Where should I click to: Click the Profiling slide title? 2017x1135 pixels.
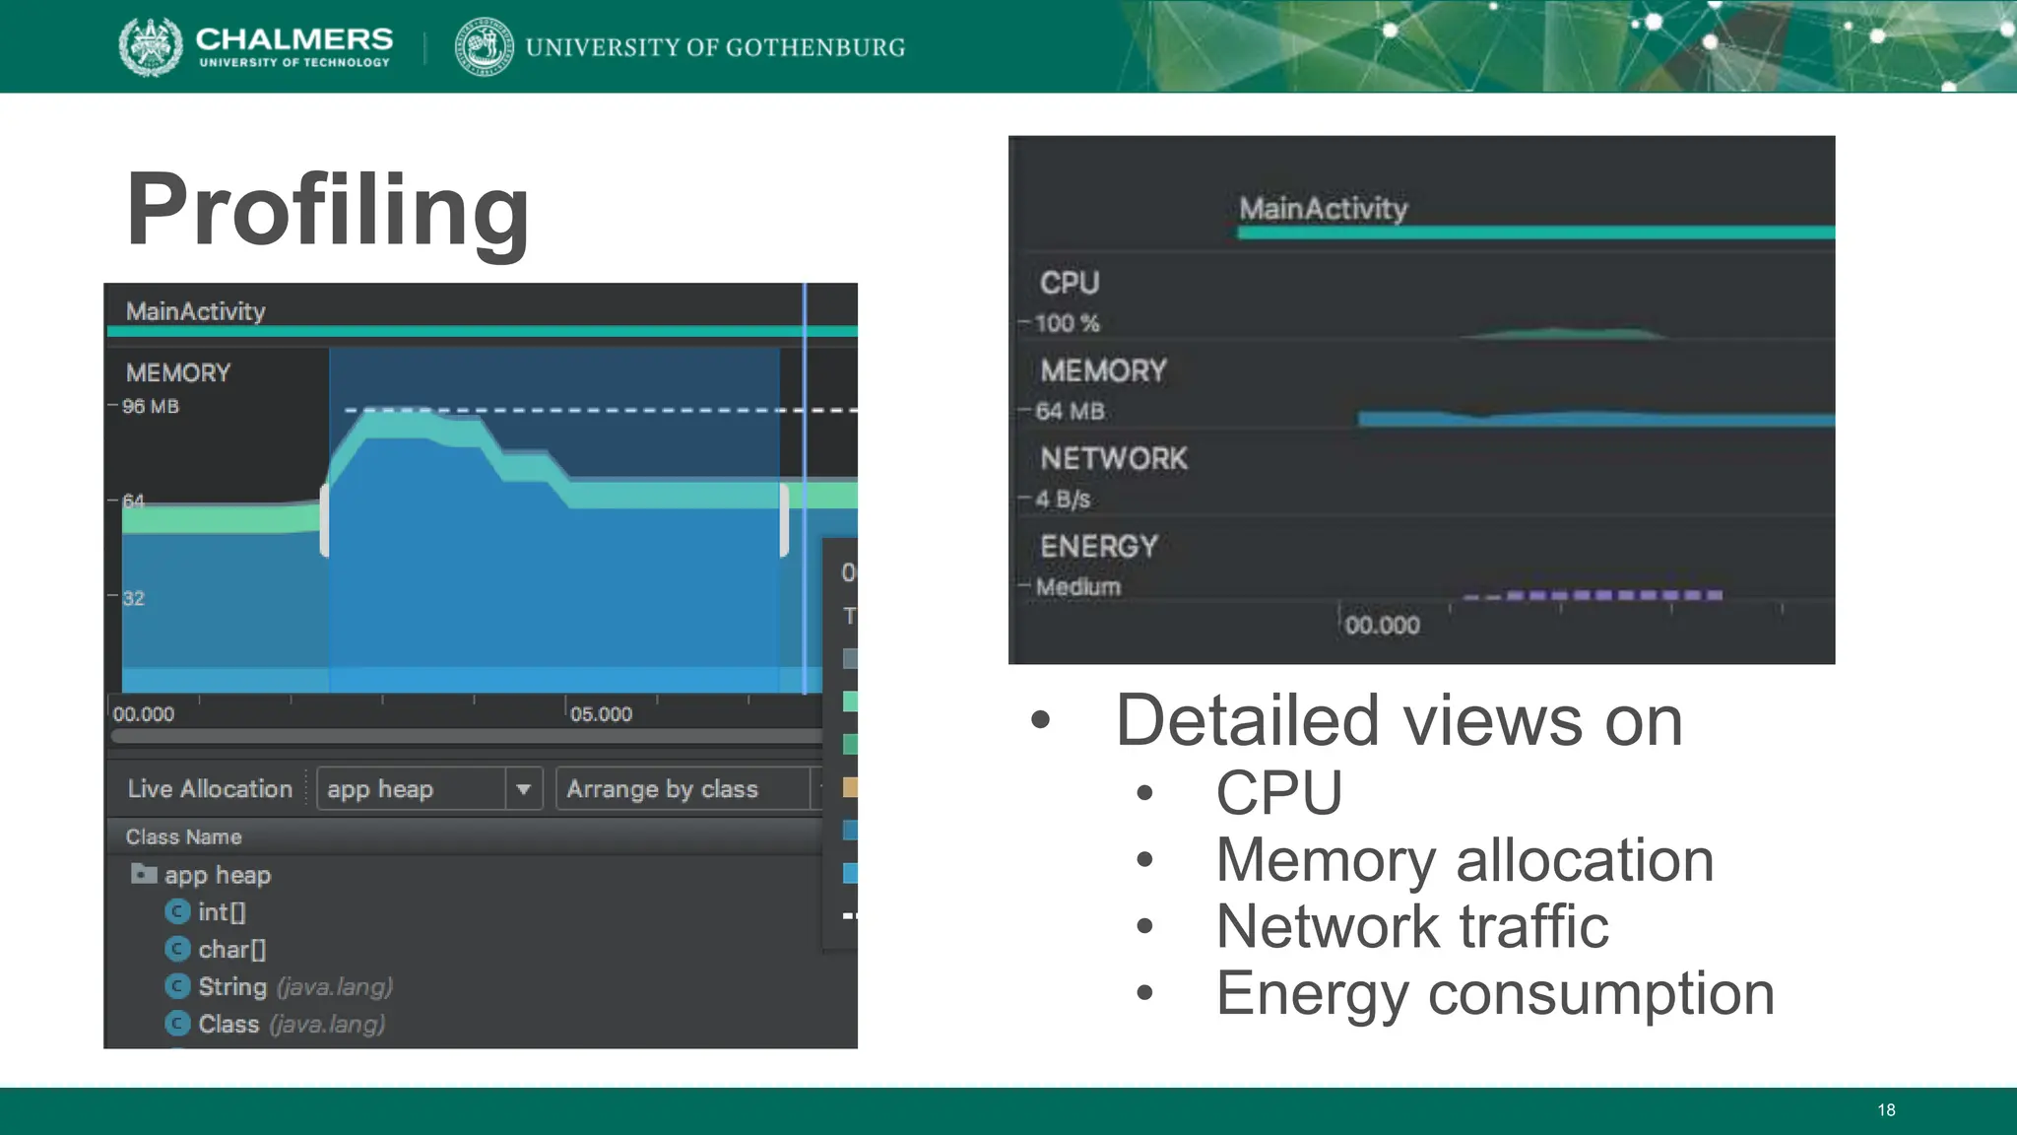328,210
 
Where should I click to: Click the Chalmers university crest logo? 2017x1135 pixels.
151,46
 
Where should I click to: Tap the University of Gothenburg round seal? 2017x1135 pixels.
484,46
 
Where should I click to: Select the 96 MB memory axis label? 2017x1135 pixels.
150,406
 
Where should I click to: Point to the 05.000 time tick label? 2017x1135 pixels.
601,714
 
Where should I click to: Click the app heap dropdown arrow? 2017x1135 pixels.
524,789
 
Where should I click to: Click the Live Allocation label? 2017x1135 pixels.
210,789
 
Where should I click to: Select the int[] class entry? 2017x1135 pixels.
222,912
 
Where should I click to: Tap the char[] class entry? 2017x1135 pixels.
231,950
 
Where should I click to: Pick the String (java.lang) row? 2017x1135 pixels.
294,987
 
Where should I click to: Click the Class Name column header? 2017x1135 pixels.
183,836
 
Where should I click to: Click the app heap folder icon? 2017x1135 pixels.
144,874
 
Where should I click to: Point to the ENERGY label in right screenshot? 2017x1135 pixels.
1098,546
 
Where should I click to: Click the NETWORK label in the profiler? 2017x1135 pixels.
1114,458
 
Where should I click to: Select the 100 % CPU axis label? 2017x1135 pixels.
1067,323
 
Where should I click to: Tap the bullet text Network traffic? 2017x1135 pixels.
1411,926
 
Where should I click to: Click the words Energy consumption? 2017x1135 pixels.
1494,993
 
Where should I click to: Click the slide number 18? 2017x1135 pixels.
1885,1110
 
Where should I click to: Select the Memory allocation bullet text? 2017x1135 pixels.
1464,859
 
